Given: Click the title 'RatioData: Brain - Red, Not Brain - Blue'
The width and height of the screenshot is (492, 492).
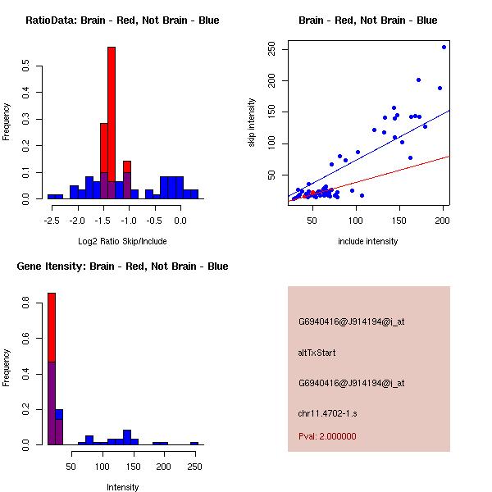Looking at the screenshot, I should pos(122,20).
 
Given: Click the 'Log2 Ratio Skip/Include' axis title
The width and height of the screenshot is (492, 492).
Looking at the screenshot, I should pos(122,241).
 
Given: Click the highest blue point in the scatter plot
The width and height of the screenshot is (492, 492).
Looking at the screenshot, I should pos(444,47).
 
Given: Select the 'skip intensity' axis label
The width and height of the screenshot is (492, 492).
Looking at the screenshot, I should pos(253,123).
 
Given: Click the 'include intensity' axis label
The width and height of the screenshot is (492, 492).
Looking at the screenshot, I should pos(367,241).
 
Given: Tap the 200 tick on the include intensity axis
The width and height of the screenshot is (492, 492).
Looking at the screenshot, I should pos(443,220).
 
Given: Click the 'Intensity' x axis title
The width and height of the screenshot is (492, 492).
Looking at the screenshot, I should pos(122,487).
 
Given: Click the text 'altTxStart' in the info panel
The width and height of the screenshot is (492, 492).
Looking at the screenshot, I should pos(317,353).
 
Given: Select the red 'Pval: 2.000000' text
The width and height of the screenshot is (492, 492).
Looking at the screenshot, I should pos(327,436).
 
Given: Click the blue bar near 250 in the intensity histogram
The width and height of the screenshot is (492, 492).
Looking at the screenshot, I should pos(194,443).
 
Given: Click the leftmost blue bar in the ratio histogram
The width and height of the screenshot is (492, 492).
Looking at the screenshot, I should pos(55,197).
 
